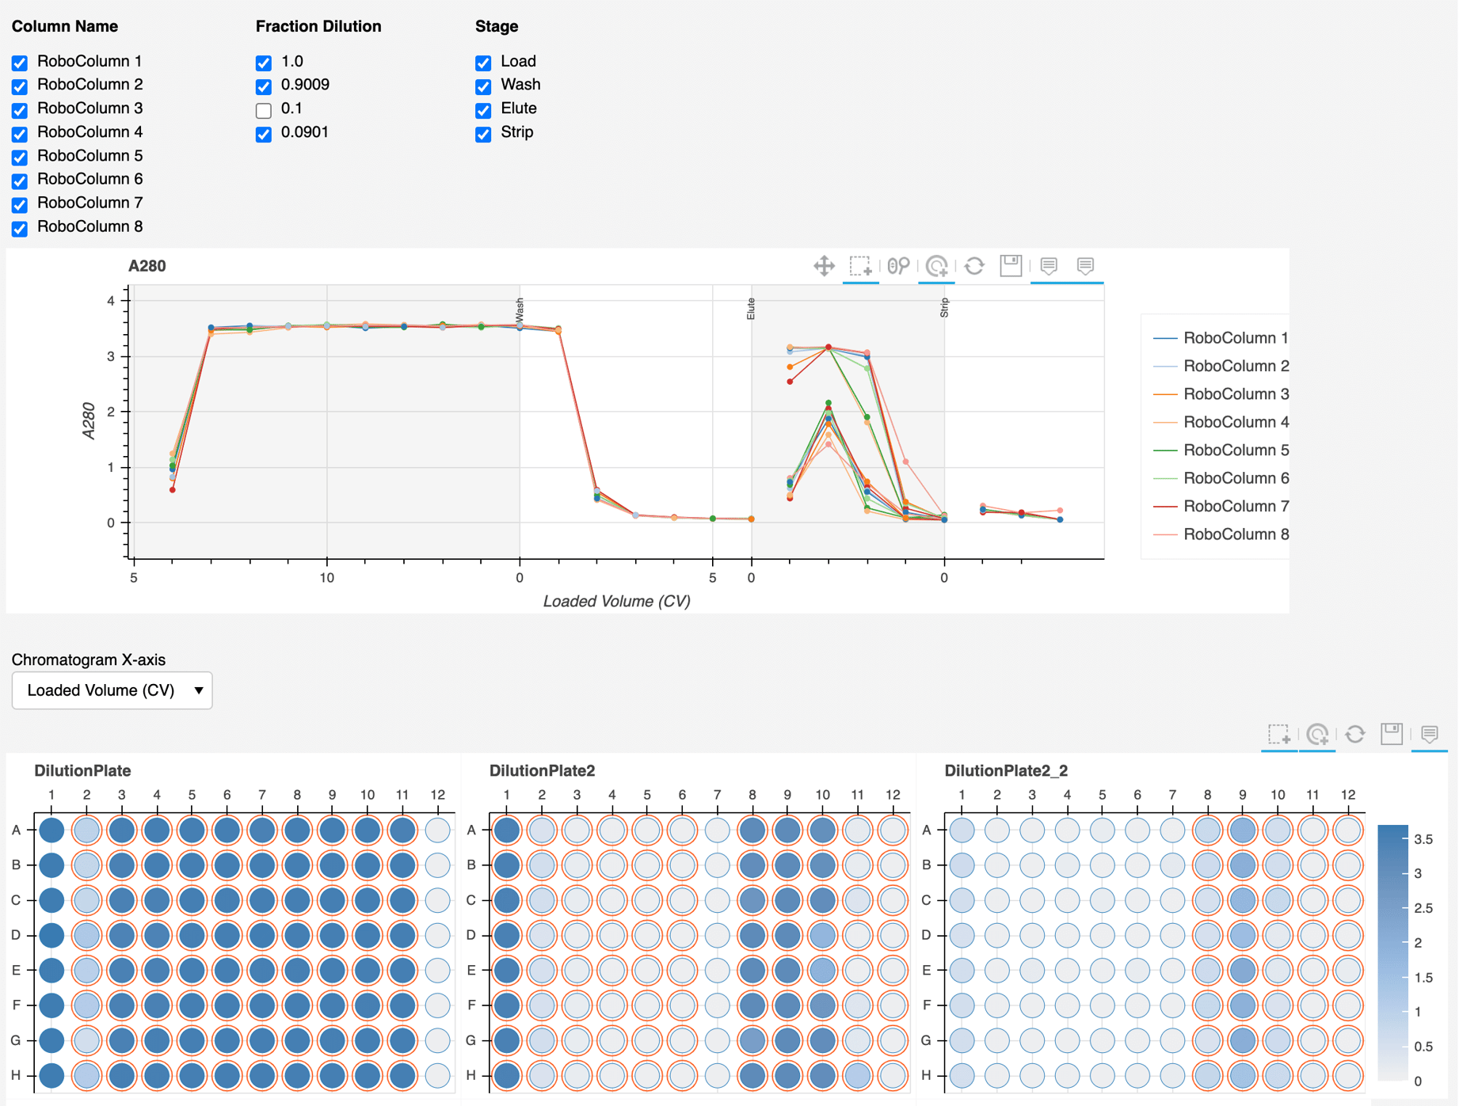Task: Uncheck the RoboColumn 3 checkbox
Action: [20, 110]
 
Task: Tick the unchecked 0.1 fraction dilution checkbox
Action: [264, 110]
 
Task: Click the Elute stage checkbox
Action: [483, 110]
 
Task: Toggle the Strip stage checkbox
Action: [483, 134]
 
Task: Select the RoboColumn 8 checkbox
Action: [20, 229]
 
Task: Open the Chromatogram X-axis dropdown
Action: [112, 690]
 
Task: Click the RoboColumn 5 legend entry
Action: [1235, 450]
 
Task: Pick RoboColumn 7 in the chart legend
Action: [1235, 506]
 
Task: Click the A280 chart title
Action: [147, 266]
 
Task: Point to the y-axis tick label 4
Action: [111, 301]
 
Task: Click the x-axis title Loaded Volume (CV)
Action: [616, 601]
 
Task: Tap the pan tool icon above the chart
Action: [824, 266]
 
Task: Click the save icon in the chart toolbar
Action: [1011, 266]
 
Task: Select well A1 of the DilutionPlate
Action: [51, 830]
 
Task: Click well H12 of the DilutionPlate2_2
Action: [1347, 1075]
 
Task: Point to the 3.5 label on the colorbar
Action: [1423, 839]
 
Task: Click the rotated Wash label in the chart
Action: [520, 309]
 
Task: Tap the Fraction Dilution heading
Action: [318, 26]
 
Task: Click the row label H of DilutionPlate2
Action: [471, 1075]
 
